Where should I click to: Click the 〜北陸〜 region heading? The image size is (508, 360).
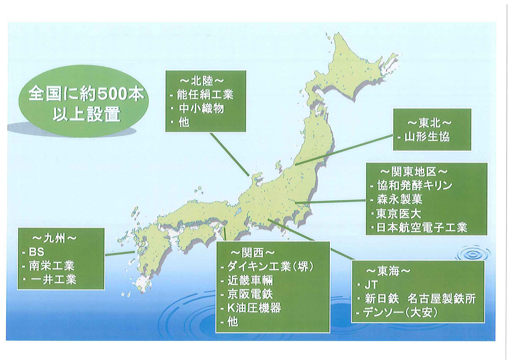click(x=202, y=81)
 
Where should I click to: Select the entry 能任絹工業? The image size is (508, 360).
click(x=205, y=95)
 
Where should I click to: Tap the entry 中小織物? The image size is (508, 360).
click(x=201, y=109)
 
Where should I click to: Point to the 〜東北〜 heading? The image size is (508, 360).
click(x=430, y=123)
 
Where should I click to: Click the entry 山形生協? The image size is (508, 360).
click(x=427, y=137)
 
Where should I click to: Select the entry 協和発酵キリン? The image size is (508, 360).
click(x=414, y=186)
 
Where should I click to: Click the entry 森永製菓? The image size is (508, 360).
click(x=400, y=199)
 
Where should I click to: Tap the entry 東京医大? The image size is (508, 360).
click(x=398, y=214)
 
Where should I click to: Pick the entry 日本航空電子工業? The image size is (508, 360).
click(x=422, y=227)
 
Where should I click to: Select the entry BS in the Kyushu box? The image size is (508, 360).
click(x=36, y=252)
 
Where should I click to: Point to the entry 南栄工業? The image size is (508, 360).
click(x=52, y=266)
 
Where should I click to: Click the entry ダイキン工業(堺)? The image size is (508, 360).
click(x=271, y=266)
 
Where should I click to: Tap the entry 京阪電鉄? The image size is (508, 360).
click(x=250, y=294)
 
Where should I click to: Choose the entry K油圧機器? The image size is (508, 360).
click(x=254, y=308)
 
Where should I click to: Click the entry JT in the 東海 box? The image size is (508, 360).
click(x=371, y=285)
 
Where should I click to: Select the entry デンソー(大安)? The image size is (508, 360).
click(x=400, y=313)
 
